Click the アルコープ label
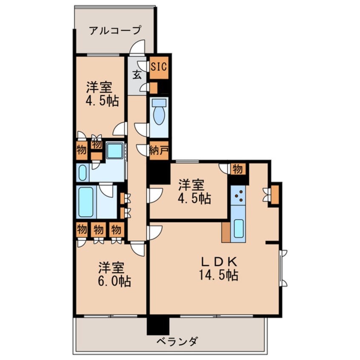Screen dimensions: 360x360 tap(114, 31)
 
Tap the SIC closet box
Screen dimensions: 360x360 tap(160, 67)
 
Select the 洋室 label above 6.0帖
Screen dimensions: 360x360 tap(111, 268)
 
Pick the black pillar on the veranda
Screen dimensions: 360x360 tap(158, 326)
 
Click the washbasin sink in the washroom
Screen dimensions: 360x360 tap(83, 172)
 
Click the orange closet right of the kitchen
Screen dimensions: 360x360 tap(275, 194)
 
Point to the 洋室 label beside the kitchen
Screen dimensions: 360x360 tap(191, 185)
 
